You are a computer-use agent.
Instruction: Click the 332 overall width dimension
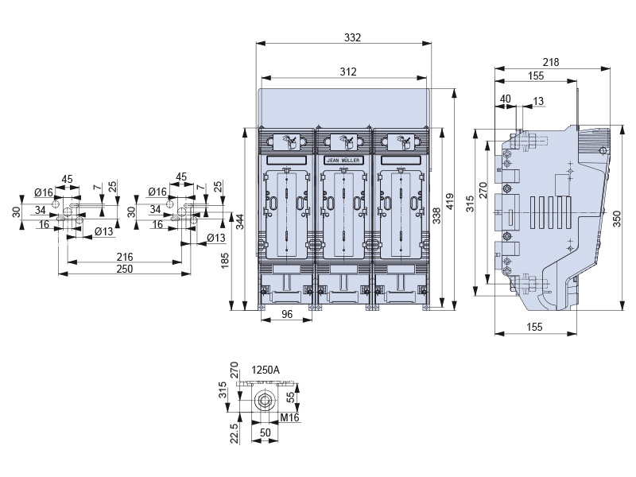[x=352, y=37]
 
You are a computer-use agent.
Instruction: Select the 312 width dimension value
[x=348, y=72]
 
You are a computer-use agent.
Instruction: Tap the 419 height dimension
[x=450, y=201]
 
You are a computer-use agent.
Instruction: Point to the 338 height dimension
[x=436, y=215]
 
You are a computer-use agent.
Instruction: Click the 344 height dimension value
[x=240, y=222]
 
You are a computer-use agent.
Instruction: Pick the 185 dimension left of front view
[x=225, y=261]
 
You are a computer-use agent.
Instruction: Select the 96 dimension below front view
[x=287, y=314]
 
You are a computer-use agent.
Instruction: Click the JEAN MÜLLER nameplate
[x=343, y=161]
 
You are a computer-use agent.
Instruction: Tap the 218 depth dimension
[x=551, y=62]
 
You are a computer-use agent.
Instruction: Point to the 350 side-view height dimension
[x=617, y=219]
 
